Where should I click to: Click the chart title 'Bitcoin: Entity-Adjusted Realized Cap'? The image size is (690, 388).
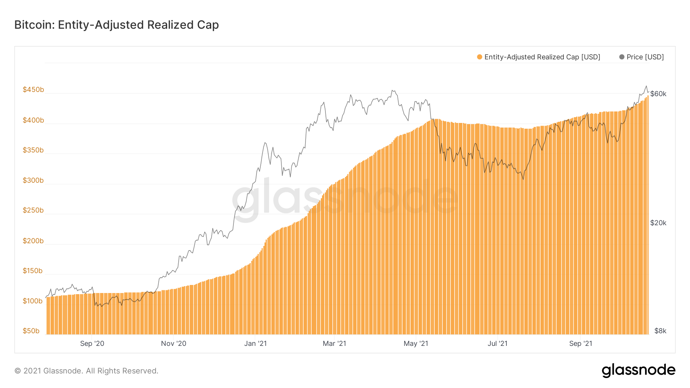point(117,25)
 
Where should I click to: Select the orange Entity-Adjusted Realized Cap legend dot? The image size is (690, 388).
point(480,57)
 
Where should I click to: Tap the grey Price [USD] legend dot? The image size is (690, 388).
point(622,57)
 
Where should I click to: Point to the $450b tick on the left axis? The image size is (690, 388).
point(33,90)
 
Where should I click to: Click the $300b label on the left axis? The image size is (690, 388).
point(33,180)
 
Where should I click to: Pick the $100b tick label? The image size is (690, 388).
point(33,301)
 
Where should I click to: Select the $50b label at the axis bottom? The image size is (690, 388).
point(31,331)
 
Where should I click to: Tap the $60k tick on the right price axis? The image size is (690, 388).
point(658,94)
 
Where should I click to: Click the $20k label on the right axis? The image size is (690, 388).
point(658,223)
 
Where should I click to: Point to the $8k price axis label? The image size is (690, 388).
point(660,331)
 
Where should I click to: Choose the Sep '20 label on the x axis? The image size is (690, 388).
point(92,344)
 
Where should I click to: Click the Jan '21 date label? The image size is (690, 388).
point(255,344)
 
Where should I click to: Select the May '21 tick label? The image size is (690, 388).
point(416,344)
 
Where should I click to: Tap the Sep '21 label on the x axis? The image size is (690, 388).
point(581,344)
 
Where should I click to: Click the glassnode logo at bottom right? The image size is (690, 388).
point(638,370)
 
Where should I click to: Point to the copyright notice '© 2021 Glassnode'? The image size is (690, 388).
point(86,371)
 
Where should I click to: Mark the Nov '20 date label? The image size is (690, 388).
point(174,344)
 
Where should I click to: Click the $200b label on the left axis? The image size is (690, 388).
point(33,241)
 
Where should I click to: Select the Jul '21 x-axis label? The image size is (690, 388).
point(498,344)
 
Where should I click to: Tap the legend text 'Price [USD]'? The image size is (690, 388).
point(645,57)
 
